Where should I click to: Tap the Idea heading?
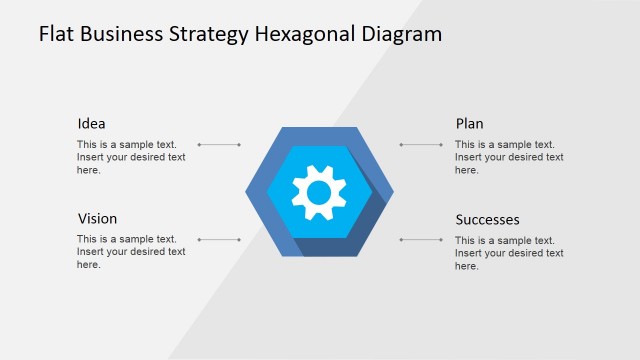pyautogui.click(x=91, y=124)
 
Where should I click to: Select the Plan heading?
pyautogui.click(x=469, y=124)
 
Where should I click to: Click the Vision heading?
pyautogui.click(x=97, y=219)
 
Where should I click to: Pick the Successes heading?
pyautogui.click(x=487, y=220)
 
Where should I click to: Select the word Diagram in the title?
pyautogui.click(x=402, y=35)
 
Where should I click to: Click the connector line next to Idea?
pyautogui.click(x=220, y=145)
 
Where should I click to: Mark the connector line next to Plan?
pyautogui.click(x=421, y=145)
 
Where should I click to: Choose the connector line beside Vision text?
pyautogui.click(x=220, y=240)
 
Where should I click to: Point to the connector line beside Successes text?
pyautogui.click(x=421, y=240)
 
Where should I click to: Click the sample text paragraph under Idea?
pyautogui.click(x=131, y=157)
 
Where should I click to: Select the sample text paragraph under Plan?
pyautogui.click(x=509, y=157)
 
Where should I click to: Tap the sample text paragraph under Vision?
pyautogui.click(x=131, y=252)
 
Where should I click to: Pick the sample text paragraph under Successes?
pyautogui.click(x=509, y=253)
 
